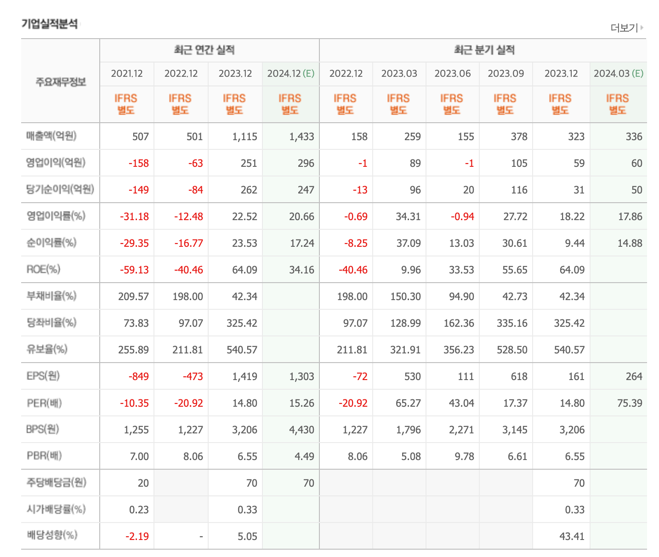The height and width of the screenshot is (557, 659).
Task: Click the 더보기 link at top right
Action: (626, 28)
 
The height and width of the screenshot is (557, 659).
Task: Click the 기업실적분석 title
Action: (50, 24)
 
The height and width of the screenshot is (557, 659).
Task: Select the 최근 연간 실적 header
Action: (204, 50)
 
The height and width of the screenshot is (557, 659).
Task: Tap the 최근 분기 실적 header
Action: (484, 50)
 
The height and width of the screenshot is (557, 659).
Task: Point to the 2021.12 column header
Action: (127, 74)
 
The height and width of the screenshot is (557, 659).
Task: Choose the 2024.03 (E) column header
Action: (618, 74)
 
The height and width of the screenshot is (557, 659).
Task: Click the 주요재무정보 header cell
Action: (61, 82)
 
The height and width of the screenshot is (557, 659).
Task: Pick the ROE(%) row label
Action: (43, 269)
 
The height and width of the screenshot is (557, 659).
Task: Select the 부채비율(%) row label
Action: (51, 296)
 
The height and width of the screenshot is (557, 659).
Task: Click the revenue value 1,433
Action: (301, 136)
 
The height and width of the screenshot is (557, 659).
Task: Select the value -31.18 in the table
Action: (134, 216)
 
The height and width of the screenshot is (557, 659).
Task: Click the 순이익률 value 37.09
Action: (408, 243)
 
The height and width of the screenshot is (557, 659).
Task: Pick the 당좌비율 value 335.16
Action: (512, 323)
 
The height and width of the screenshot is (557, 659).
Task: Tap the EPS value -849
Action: (139, 376)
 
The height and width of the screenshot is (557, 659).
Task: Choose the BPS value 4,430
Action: (301, 430)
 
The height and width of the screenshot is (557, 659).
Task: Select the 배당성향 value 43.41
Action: (572, 536)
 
